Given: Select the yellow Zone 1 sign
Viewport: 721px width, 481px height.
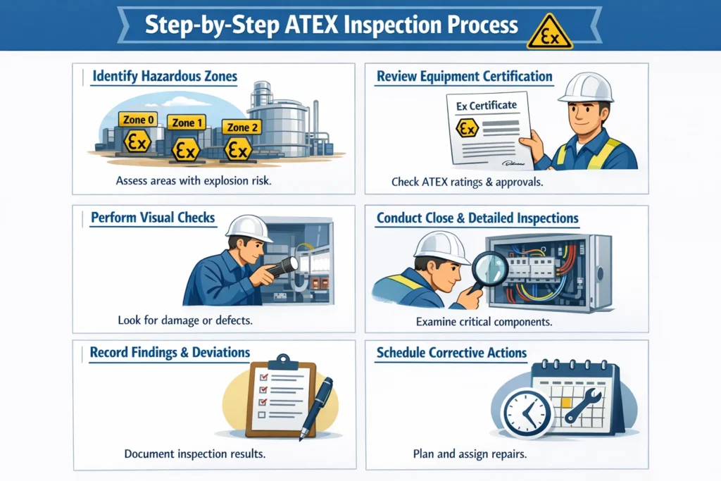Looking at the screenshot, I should [x=188, y=123].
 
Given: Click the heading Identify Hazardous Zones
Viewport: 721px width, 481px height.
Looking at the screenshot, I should [x=165, y=76].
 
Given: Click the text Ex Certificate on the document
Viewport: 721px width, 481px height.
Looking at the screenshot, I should [x=486, y=106].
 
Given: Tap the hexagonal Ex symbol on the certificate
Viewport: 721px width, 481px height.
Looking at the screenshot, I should [x=468, y=128].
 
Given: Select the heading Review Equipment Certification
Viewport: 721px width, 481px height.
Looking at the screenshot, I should [x=464, y=76].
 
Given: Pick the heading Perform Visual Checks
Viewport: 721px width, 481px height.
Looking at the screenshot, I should [x=153, y=218].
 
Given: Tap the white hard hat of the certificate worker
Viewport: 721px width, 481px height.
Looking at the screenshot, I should [x=587, y=87].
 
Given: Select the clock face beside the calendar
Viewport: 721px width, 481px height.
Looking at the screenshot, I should [x=525, y=413].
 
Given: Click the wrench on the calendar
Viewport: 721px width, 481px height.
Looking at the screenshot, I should [x=583, y=405].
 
